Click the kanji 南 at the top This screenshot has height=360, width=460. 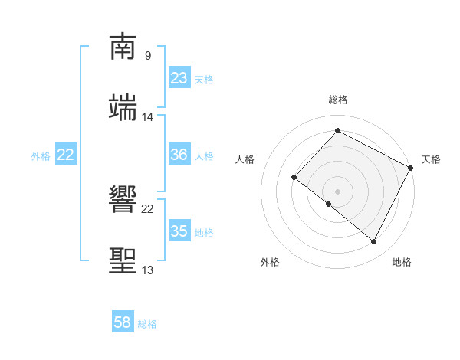click(123, 48)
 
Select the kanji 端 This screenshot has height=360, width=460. click(123, 108)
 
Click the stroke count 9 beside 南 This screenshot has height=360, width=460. click(147, 56)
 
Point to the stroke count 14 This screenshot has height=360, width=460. click(148, 117)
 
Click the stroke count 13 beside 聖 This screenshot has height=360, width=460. click(147, 270)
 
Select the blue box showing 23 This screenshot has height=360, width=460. click(179, 78)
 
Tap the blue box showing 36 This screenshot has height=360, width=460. click(179, 155)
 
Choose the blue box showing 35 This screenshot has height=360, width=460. click(179, 231)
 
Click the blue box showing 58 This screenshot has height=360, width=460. click(123, 322)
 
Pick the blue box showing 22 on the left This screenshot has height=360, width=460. click(66, 155)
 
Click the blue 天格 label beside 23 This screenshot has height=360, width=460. click(204, 80)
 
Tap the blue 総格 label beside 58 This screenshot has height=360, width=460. click(147, 324)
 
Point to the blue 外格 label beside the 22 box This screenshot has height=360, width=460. click(41, 156)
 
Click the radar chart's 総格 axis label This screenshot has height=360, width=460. click(338, 100)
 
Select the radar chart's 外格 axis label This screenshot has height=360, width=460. click(271, 262)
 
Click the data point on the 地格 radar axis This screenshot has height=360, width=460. click(374, 241)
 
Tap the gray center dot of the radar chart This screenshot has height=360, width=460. click(337, 191)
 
